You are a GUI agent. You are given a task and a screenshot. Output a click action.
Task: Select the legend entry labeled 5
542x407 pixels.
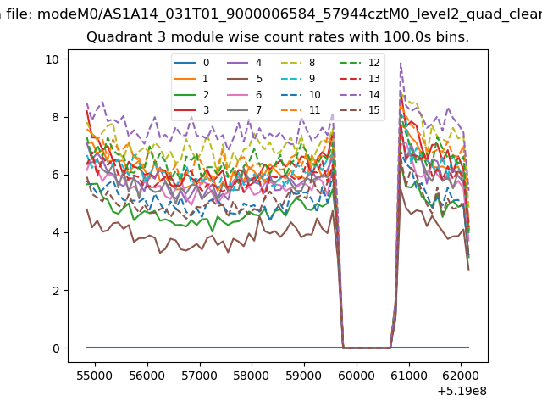[245, 79]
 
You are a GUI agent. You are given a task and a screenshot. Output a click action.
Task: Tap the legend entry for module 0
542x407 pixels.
[191, 63]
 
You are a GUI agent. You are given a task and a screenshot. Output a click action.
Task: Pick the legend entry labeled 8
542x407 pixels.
[297, 63]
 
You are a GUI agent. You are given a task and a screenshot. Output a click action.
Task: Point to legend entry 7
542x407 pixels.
[245, 110]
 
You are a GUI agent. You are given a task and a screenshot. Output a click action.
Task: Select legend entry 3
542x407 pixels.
[191, 110]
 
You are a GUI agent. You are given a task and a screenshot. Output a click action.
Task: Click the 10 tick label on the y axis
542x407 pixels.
[53, 59]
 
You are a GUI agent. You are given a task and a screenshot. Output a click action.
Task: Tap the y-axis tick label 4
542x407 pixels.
[56, 232]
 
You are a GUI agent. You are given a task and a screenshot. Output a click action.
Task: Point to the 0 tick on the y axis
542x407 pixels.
[56, 348]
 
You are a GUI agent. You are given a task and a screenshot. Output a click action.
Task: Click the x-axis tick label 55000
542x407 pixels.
[95, 376]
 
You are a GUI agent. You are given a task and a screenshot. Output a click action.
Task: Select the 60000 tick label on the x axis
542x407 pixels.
[357, 376]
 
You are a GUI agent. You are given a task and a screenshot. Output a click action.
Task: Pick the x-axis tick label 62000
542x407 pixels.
[461, 376]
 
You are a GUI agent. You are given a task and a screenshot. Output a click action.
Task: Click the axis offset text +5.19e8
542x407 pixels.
[462, 391]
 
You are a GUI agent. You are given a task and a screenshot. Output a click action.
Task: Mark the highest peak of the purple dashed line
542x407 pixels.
[401, 63]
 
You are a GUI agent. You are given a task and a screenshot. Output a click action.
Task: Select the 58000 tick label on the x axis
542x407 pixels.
[252, 376]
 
